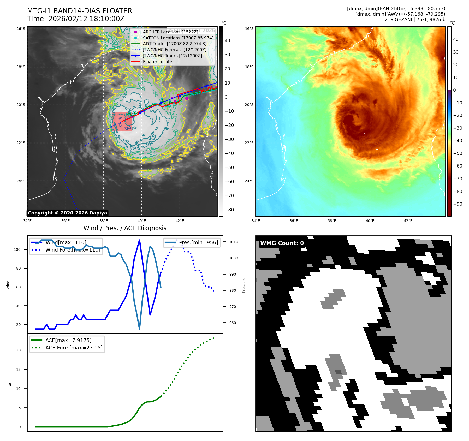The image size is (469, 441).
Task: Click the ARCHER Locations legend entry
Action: [170, 32]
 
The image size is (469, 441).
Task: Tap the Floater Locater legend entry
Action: [158, 62]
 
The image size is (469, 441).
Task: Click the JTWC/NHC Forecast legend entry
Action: [174, 50]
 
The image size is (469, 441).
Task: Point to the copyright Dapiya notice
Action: [67, 213]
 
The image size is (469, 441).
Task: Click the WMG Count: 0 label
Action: [282, 243]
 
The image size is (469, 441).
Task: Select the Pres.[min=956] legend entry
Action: [198, 242]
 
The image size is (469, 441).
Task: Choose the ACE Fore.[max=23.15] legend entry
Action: [74, 348]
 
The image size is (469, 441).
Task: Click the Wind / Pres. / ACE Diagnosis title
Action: [125, 228]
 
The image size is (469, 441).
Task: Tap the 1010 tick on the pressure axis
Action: [234, 242]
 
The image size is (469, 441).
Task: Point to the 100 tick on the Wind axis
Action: [17, 249]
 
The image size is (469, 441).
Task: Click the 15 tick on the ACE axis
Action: [18, 370]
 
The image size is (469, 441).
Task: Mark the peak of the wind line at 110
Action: [139, 240]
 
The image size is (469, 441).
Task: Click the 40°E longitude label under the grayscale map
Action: [142, 221]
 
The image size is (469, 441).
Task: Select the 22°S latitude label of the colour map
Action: [249, 143]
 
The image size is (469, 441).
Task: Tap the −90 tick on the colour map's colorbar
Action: [458, 204]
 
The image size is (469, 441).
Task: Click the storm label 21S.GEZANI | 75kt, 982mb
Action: [415, 20]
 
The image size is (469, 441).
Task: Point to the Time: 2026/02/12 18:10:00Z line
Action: [76, 19]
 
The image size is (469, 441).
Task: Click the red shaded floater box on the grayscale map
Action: [122, 122]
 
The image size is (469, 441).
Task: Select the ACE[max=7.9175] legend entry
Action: [68, 340]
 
